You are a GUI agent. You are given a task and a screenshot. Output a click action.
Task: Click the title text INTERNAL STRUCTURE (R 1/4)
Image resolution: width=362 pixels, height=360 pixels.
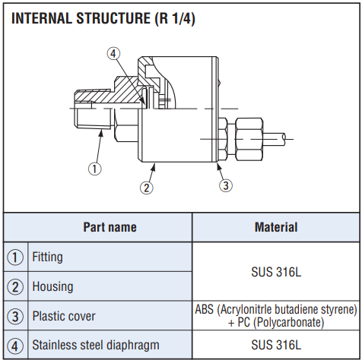coord(103,18)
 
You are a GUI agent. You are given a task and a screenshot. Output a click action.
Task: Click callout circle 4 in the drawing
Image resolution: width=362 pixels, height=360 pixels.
coord(113,54)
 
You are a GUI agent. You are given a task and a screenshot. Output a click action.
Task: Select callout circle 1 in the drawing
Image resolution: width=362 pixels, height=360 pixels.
coord(94,169)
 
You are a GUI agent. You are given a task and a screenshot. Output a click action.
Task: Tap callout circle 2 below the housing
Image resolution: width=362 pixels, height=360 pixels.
coord(147,188)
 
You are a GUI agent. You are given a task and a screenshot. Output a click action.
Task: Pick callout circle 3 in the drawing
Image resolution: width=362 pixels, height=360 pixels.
coord(226,185)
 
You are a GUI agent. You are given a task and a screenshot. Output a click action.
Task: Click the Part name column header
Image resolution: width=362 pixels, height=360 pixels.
coord(110,227)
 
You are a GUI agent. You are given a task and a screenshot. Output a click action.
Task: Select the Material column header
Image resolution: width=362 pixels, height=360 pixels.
coord(276,227)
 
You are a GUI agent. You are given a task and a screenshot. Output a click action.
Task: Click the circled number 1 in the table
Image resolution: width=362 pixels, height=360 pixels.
coord(15,257)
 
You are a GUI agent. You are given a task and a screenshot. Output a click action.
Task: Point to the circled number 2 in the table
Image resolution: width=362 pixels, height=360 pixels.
coord(15,287)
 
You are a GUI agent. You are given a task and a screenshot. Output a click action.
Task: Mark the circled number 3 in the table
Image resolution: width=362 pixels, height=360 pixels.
coord(15,317)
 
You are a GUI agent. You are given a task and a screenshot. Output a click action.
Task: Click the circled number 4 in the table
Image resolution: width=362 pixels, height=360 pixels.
coord(15,346)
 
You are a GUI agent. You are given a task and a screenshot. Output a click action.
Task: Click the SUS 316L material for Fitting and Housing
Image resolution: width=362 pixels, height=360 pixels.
coord(276,272)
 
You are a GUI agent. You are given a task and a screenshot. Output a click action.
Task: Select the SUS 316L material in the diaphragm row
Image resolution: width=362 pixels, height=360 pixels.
coord(276,345)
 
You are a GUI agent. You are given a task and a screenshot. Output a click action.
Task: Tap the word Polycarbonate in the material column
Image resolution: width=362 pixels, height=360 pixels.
coord(288,323)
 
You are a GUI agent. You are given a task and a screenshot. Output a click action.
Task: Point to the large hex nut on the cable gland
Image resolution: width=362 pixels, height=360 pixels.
coord(249,139)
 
